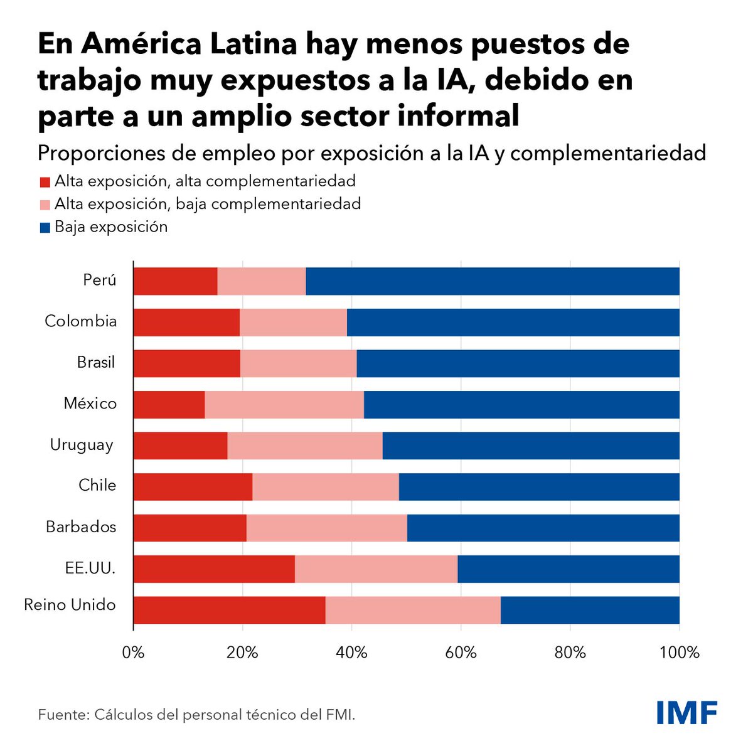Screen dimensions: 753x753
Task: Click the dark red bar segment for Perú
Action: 175,281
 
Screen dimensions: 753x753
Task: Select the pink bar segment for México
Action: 284,404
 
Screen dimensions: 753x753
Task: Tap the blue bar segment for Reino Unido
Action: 590,610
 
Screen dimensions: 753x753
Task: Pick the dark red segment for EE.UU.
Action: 214,569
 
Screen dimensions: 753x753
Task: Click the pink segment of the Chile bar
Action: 325,486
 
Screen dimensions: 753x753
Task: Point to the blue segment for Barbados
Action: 543,528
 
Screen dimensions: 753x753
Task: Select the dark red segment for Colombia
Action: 186,322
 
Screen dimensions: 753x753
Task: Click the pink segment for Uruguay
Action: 304,446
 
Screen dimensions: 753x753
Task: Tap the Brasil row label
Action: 96,363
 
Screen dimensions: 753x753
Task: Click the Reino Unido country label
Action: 70,605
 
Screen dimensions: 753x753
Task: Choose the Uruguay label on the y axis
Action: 82,445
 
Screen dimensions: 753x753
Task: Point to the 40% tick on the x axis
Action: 351,652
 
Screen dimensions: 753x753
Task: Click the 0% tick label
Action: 133,652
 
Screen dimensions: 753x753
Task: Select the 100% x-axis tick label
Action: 679,652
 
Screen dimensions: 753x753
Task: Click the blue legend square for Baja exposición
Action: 45,228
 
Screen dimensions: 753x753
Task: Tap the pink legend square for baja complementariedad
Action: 45,205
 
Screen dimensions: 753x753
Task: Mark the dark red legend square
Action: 45,183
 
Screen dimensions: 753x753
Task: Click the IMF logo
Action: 686,713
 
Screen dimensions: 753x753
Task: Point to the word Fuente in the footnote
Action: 63,715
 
